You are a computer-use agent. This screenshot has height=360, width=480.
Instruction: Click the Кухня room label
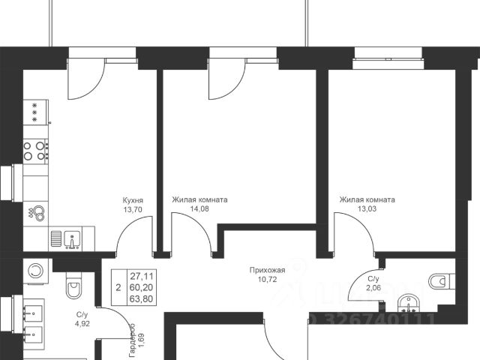[133, 200]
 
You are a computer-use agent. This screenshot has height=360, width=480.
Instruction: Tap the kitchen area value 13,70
[133, 210]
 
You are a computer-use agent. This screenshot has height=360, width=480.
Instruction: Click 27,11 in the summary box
[138, 275]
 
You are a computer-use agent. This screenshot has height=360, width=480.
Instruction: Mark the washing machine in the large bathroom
[35, 269]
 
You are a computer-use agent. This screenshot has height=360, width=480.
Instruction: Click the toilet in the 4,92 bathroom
[73, 287]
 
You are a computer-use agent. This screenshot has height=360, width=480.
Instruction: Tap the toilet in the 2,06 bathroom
[438, 281]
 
